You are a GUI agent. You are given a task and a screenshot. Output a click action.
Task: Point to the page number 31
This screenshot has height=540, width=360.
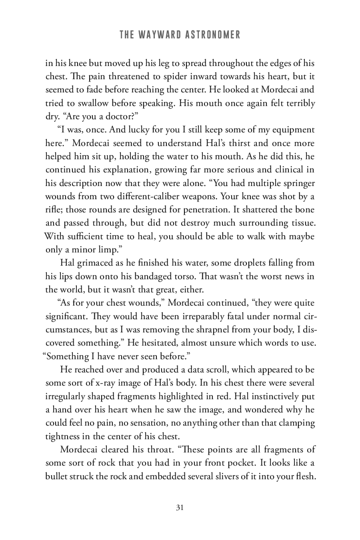180,508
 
